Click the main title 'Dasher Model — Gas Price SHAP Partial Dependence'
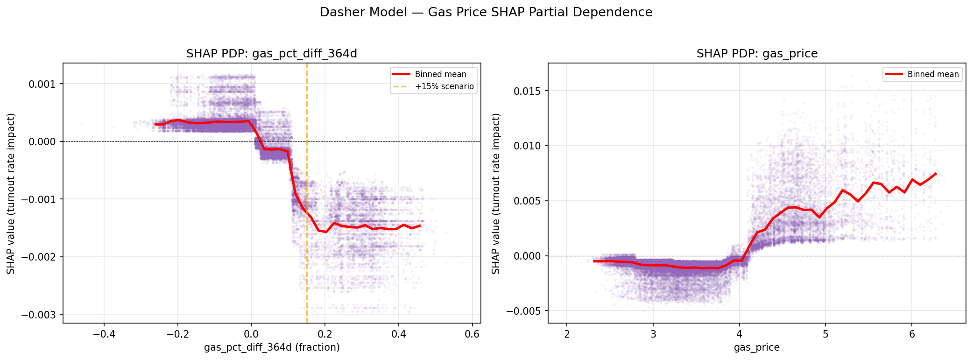(486, 13)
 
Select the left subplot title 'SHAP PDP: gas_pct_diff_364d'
(272, 54)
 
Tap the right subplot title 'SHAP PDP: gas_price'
(757, 54)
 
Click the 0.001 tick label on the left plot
(42, 84)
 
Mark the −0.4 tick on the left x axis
(104, 334)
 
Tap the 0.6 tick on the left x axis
(472, 334)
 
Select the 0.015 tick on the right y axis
(527, 91)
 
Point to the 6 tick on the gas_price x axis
(911, 334)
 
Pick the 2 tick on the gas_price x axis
(567, 334)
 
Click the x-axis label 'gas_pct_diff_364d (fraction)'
(272, 347)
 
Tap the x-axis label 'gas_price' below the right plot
(757, 347)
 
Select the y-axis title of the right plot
(496, 193)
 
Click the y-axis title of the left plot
(11, 193)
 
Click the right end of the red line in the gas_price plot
(936, 174)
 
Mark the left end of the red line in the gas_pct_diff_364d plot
(155, 124)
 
